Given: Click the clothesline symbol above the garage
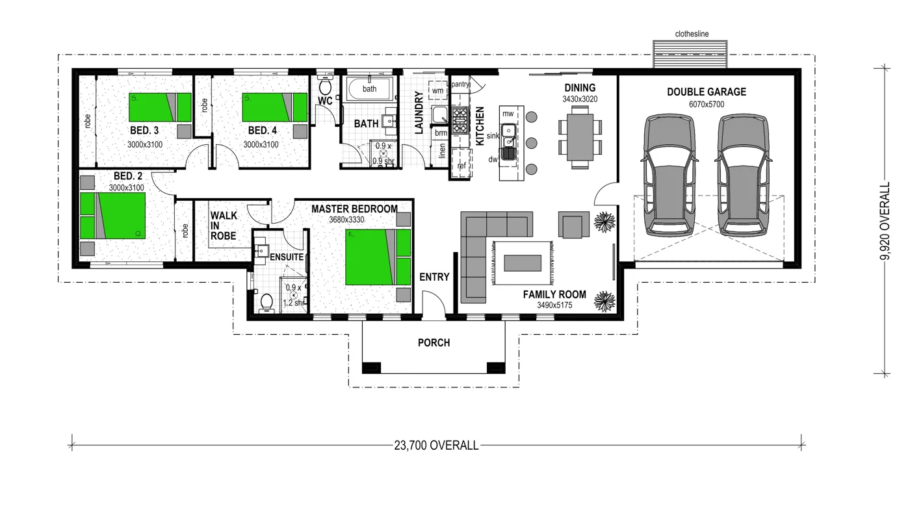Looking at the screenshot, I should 690,53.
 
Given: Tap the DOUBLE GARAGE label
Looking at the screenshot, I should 706,92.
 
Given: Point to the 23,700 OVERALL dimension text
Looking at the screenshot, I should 436,445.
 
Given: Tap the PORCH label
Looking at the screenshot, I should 434,343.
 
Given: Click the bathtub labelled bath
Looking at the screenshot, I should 369,89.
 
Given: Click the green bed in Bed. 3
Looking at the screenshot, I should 160,107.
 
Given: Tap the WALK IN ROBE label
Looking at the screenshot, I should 224,226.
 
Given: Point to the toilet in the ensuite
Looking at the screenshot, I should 266,303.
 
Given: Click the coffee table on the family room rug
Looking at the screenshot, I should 523,262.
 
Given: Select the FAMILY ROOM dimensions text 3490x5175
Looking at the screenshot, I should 554,305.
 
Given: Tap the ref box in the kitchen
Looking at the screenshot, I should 461,166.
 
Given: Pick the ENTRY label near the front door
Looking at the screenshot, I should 434,277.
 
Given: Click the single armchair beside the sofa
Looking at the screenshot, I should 573,226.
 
